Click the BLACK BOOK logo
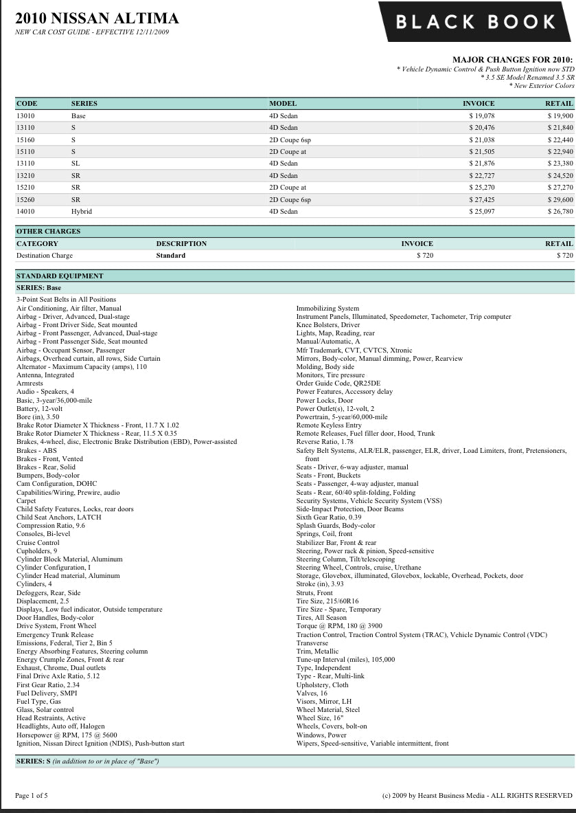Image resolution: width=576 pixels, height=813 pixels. [476, 21]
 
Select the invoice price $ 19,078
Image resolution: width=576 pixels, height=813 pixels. [481, 115]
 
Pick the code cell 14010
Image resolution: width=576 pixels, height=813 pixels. [25, 212]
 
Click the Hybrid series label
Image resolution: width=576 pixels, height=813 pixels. [81, 212]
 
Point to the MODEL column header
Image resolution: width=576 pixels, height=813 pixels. [283, 104]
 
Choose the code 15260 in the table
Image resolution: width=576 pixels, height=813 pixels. [25, 199]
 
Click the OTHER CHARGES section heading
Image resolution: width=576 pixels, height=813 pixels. [48, 232]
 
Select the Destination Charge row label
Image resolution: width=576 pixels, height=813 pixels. [45, 256]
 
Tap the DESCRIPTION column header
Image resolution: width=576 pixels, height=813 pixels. [181, 243]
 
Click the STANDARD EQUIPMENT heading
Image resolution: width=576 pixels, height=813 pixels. [60, 276]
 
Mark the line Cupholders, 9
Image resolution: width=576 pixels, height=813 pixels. [37, 550]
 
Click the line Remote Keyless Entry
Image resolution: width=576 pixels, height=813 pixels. [329, 425]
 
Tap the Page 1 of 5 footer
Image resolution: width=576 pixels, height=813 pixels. [32, 795]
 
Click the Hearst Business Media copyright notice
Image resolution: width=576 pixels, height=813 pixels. [476, 795]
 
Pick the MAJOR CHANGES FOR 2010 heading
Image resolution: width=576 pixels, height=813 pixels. [512, 60]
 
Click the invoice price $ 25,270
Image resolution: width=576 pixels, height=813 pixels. [481, 188]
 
